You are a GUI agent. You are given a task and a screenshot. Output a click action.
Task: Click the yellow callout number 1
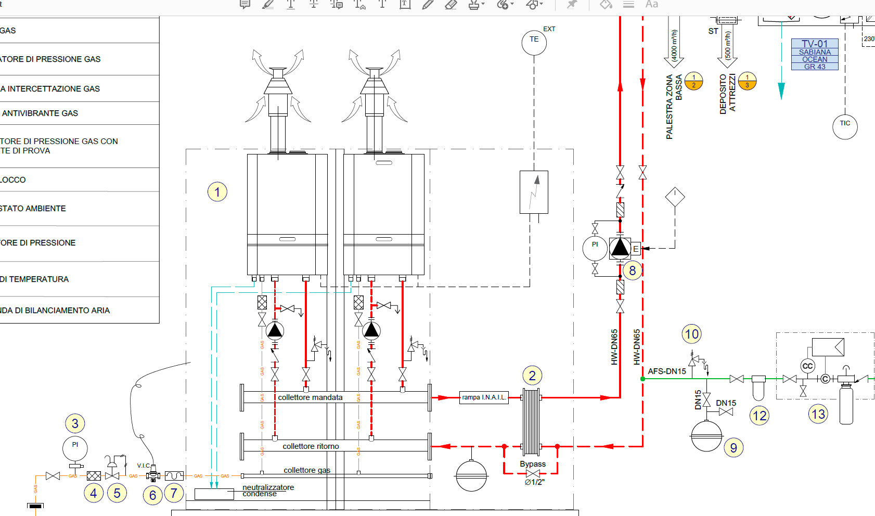(217, 192)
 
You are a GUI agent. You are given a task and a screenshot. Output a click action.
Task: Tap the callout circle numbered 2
(532, 376)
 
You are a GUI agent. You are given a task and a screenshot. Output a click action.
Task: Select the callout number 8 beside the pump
(633, 270)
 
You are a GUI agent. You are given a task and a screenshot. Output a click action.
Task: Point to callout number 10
(692, 334)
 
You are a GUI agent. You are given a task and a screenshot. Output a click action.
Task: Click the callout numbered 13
(818, 414)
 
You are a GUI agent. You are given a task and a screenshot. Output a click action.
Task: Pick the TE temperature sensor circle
(534, 43)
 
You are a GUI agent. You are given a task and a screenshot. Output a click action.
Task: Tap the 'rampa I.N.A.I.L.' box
(484, 397)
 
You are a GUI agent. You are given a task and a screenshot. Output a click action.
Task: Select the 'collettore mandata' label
(310, 397)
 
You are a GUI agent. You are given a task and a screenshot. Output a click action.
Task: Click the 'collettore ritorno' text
(311, 446)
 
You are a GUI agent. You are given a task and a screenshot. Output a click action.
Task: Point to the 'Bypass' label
(533, 464)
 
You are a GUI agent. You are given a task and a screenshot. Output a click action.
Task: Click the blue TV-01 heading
(815, 44)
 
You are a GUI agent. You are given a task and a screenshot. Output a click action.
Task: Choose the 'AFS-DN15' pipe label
(667, 371)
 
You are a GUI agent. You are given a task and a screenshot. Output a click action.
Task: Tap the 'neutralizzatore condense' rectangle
(214, 494)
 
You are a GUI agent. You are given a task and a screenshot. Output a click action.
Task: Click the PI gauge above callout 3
(75, 448)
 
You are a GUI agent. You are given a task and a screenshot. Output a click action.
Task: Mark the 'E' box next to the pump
(636, 249)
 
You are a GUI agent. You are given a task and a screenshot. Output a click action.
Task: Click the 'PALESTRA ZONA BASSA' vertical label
(674, 107)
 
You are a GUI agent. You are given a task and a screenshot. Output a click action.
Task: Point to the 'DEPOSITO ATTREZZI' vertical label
(727, 94)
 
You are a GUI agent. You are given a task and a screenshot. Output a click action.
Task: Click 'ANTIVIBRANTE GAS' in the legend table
(41, 113)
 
